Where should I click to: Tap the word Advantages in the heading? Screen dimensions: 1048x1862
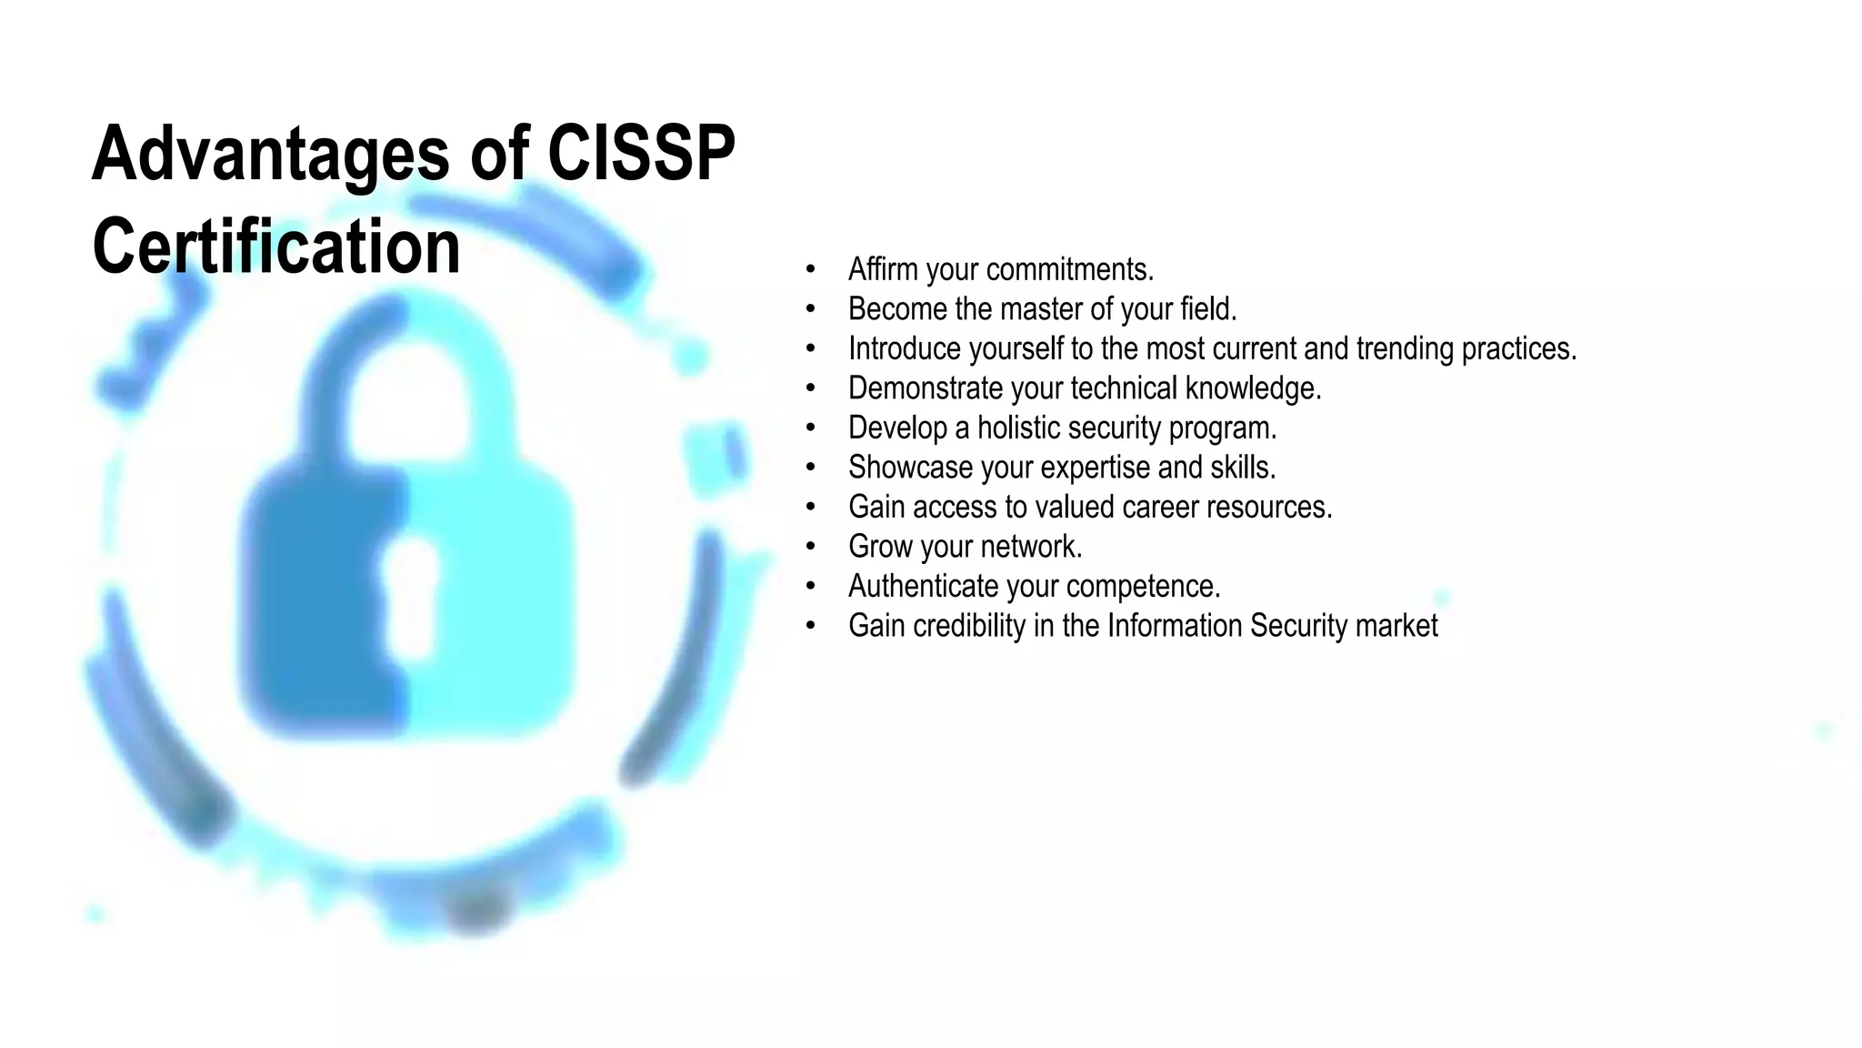(x=270, y=155)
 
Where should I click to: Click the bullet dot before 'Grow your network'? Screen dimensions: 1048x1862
(x=810, y=547)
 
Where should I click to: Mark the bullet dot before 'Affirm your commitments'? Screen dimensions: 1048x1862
(x=810, y=269)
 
